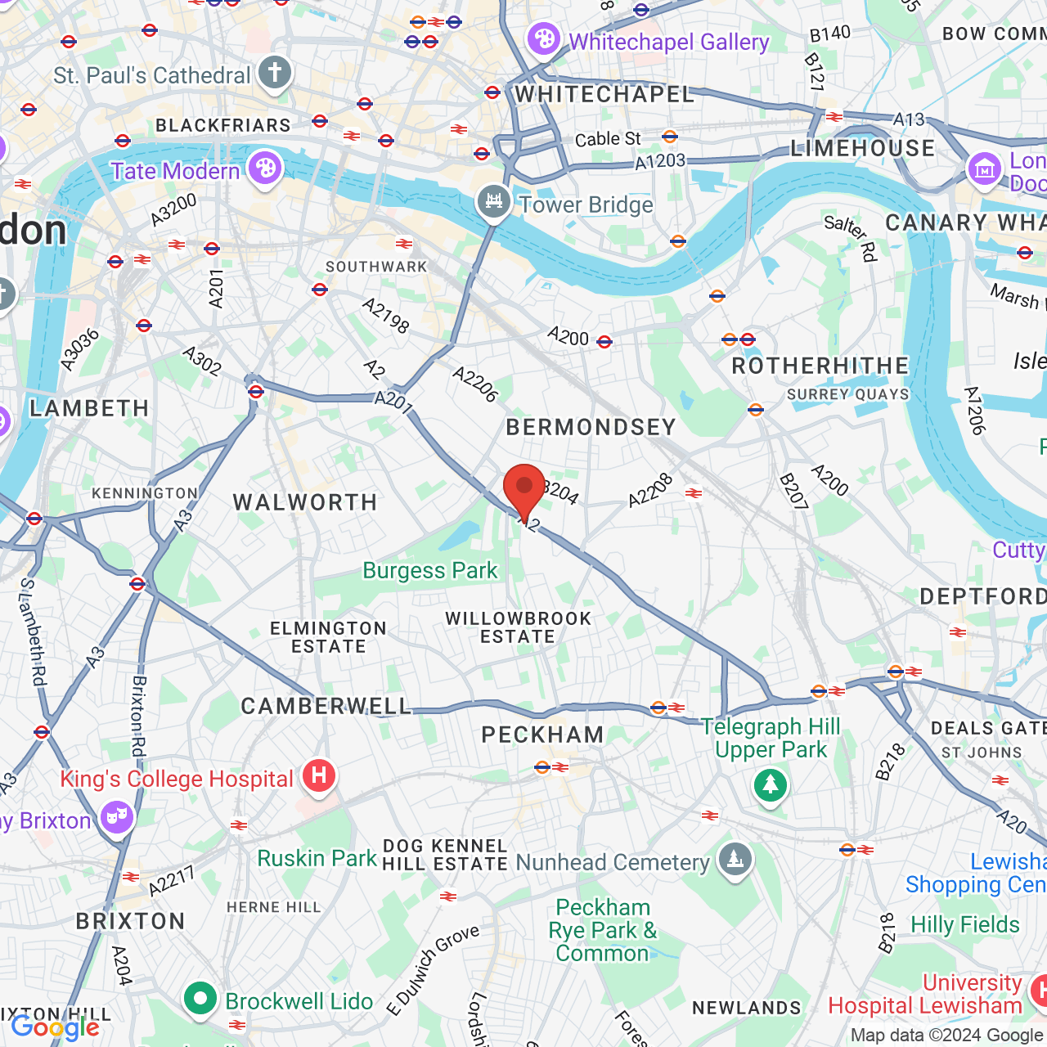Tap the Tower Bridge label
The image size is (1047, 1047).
pyautogui.click(x=586, y=204)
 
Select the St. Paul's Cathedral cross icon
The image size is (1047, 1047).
pyautogui.click(x=275, y=73)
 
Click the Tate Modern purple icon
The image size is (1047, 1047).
pyautogui.click(x=265, y=169)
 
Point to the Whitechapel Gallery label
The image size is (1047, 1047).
pyautogui.click(x=669, y=42)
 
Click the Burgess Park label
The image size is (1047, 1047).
pyautogui.click(x=430, y=570)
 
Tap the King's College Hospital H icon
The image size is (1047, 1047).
pyautogui.click(x=319, y=775)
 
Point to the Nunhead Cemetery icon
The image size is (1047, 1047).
pyautogui.click(x=735, y=860)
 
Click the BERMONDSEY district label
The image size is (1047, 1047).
pyautogui.click(x=591, y=427)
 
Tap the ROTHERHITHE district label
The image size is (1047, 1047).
pyautogui.click(x=820, y=366)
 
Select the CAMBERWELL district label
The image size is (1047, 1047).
pyautogui.click(x=326, y=706)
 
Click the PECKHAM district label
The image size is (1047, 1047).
pyautogui.click(x=543, y=735)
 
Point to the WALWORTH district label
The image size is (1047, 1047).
pyautogui.click(x=305, y=502)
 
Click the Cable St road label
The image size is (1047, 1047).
pyautogui.click(x=608, y=139)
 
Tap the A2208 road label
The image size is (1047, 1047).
pyautogui.click(x=650, y=490)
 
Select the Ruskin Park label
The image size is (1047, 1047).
pyautogui.click(x=317, y=858)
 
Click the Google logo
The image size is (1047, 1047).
pyautogui.click(x=55, y=1027)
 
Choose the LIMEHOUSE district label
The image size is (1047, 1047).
pyautogui.click(x=862, y=148)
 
